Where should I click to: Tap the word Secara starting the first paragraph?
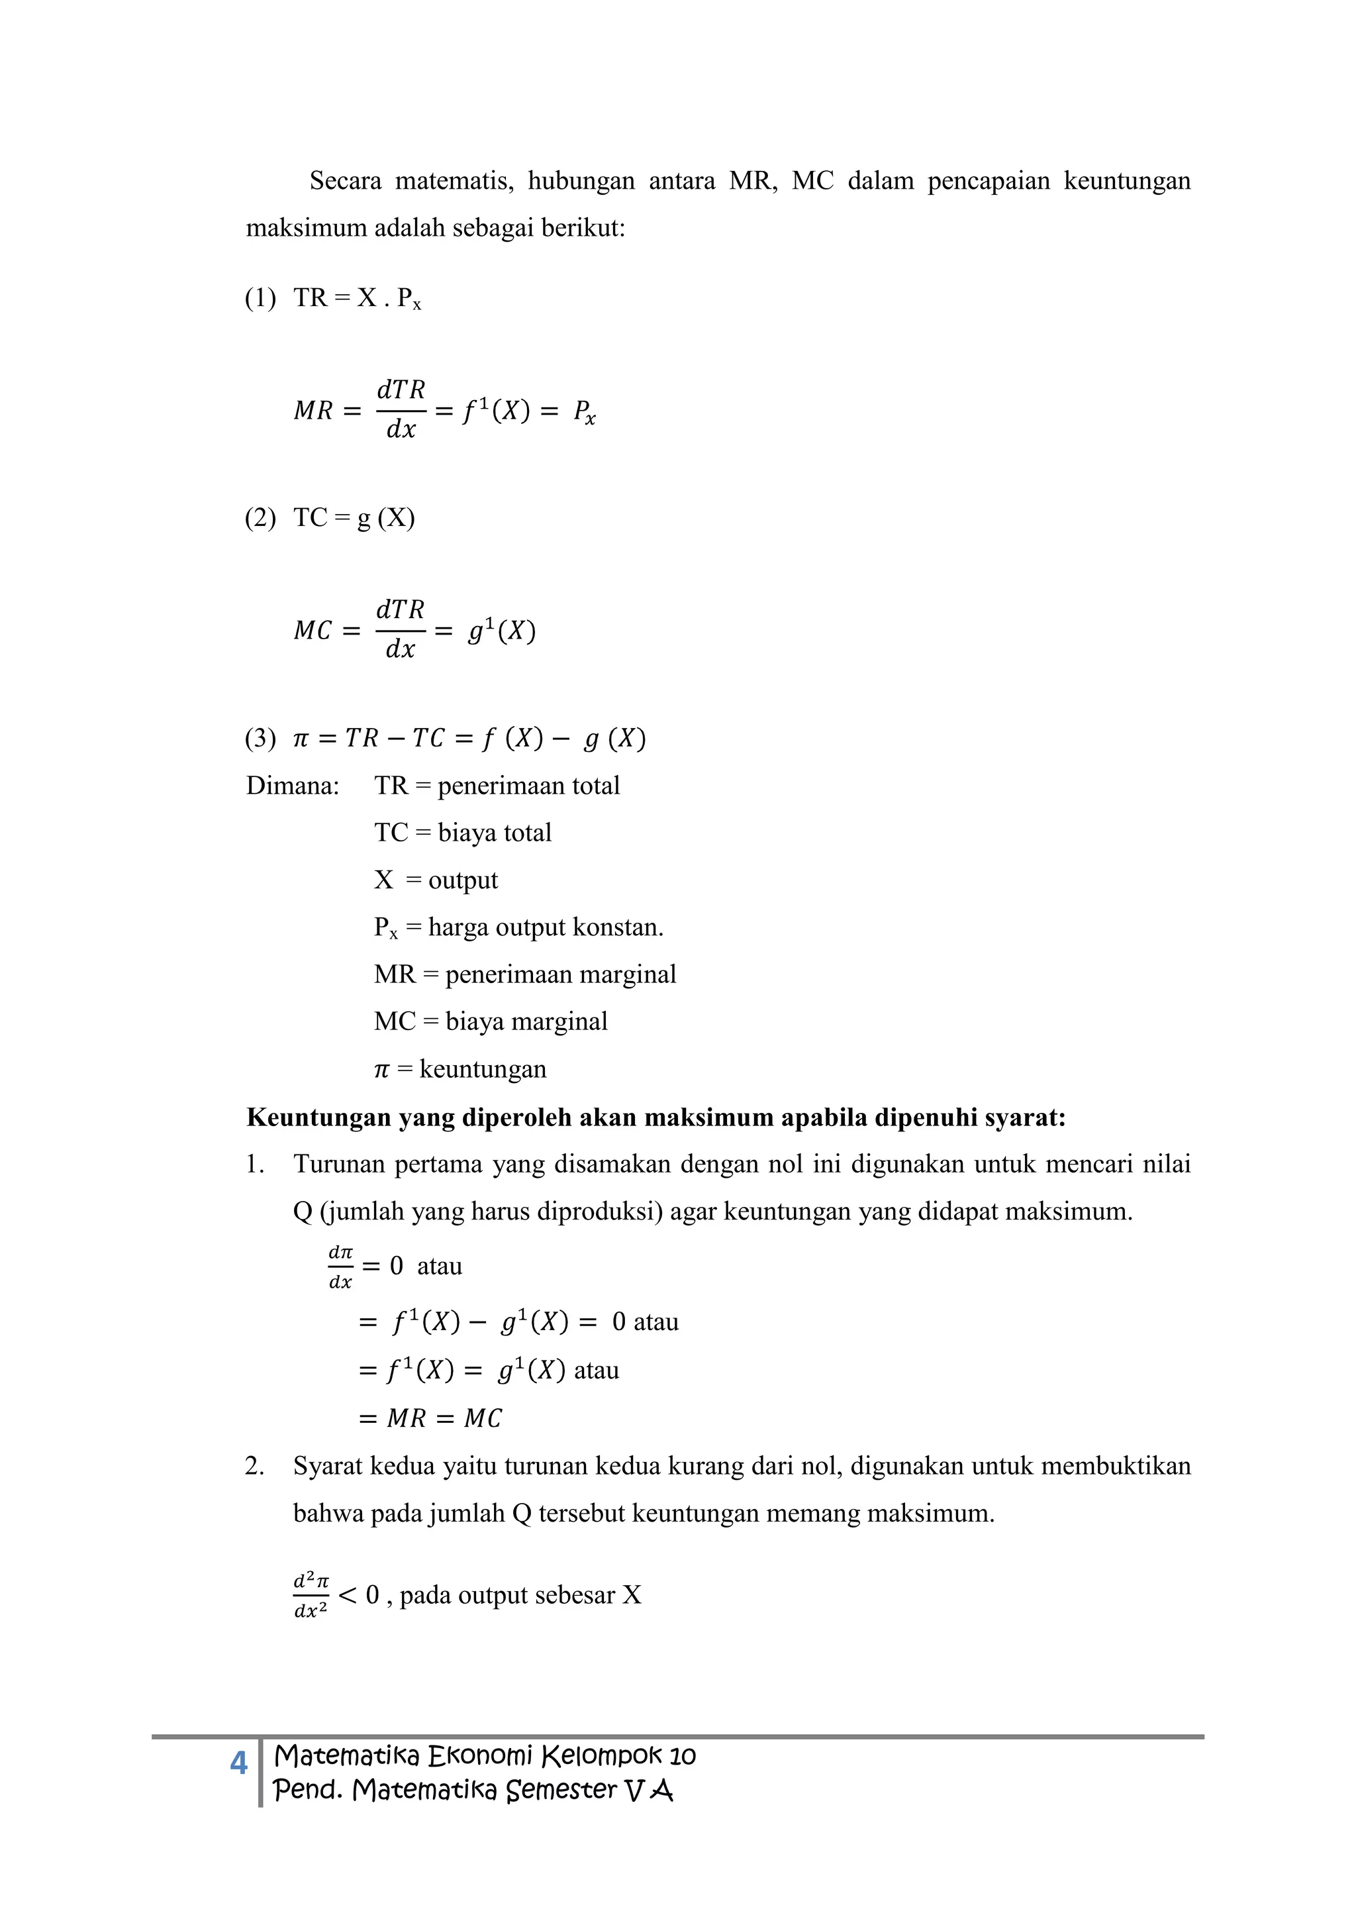[345, 181]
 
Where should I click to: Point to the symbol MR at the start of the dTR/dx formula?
[313, 411]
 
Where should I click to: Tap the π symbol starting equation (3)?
[301, 739]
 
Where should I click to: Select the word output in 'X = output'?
[463, 881]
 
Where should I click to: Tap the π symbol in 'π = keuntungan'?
[381, 1070]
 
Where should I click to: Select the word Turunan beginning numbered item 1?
[338, 1165]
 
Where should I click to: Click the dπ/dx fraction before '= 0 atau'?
[340, 1267]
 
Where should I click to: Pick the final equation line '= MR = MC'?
[430, 1418]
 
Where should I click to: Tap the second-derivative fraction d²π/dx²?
[311, 1596]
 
